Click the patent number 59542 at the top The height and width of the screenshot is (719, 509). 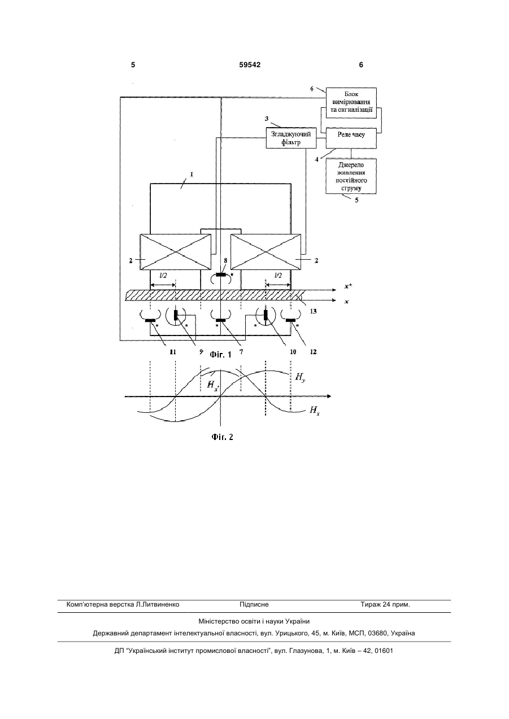point(250,65)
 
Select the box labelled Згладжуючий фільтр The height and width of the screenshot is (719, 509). point(291,138)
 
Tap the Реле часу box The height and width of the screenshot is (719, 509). point(351,138)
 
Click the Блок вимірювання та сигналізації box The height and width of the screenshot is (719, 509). point(351,103)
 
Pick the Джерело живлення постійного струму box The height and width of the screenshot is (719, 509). point(351,176)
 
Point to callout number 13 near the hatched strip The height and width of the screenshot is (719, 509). point(313,311)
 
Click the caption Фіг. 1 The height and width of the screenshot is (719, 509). point(221,355)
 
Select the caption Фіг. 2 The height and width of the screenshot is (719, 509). point(222,437)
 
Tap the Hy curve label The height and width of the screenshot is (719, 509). point(300,377)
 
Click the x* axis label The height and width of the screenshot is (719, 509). point(348,286)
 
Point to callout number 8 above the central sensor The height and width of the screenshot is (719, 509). point(225,261)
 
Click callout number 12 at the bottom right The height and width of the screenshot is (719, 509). point(313,352)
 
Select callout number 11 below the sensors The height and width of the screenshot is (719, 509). point(173,352)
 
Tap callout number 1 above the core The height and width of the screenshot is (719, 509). point(192,175)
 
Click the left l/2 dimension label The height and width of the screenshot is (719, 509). point(163,276)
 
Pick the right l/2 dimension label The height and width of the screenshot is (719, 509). point(278,276)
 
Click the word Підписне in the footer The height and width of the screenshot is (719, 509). point(254,604)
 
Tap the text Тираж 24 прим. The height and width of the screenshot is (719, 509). point(385,604)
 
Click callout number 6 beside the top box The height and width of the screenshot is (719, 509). point(312,89)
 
